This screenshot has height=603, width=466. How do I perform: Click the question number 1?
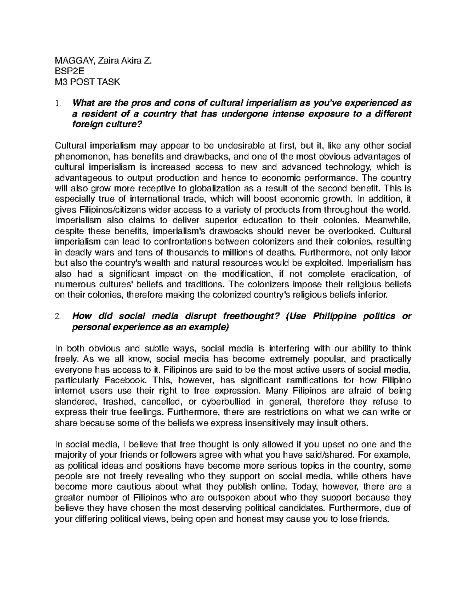[x=58, y=103]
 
